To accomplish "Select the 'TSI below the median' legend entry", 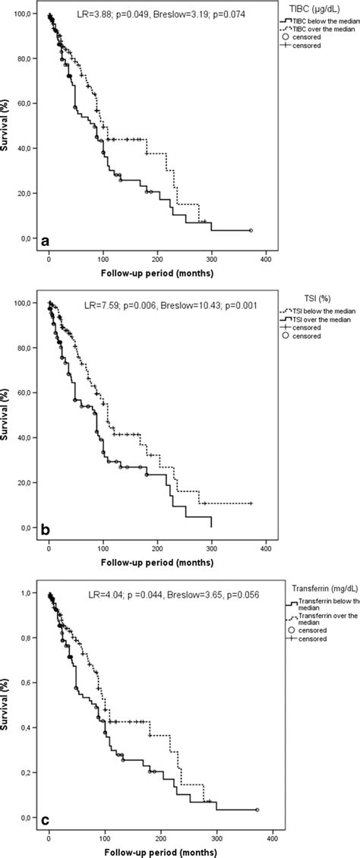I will click(x=323, y=301).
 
